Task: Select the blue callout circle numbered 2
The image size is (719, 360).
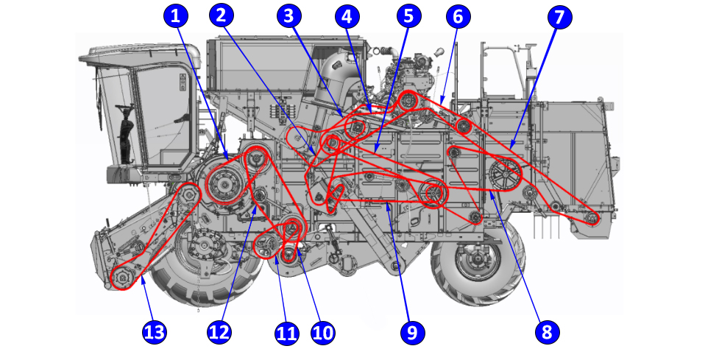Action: click(221, 15)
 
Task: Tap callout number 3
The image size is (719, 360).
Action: click(289, 15)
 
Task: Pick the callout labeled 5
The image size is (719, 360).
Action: click(409, 15)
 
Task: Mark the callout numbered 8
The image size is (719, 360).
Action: click(546, 332)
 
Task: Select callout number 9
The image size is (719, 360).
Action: click(412, 332)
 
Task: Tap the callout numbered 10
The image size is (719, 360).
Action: click(322, 332)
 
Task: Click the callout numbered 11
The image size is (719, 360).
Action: click(286, 332)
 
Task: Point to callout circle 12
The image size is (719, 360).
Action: click(219, 332)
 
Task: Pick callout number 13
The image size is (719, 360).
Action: click(154, 332)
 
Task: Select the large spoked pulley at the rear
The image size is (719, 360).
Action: click(504, 175)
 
